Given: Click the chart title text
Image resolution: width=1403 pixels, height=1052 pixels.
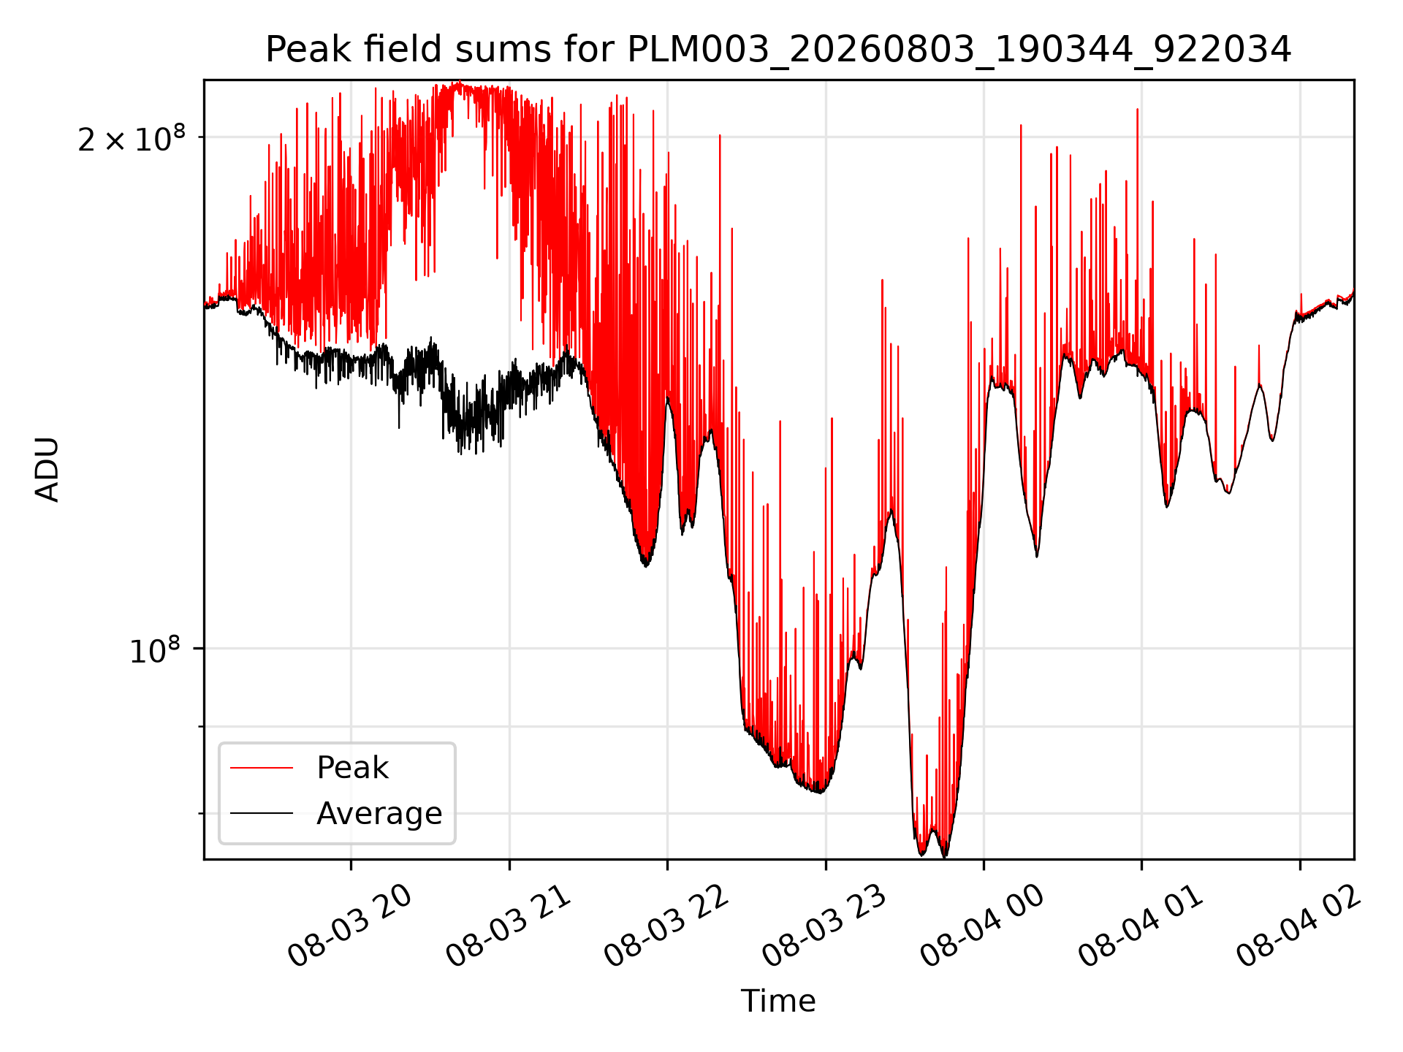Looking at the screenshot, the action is click(x=778, y=50).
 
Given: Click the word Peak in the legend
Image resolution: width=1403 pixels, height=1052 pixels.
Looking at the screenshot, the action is click(x=352, y=768).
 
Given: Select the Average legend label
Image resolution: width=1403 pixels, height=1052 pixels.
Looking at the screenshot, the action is click(x=379, y=814).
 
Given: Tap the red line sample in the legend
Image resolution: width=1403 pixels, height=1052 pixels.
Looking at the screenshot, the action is click(x=262, y=768).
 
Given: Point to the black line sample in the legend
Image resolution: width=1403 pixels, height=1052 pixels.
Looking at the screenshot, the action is click(x=262, y=813).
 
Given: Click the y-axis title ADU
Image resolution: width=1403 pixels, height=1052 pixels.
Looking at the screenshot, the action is click(x=47, y=469).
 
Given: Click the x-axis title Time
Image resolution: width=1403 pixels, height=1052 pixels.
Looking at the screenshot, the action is click(x=778, y=1001).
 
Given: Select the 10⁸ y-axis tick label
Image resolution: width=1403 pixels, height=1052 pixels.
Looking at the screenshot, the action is click(x=155, y=649).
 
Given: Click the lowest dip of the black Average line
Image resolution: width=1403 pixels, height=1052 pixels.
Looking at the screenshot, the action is click(x=945, y=855).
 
